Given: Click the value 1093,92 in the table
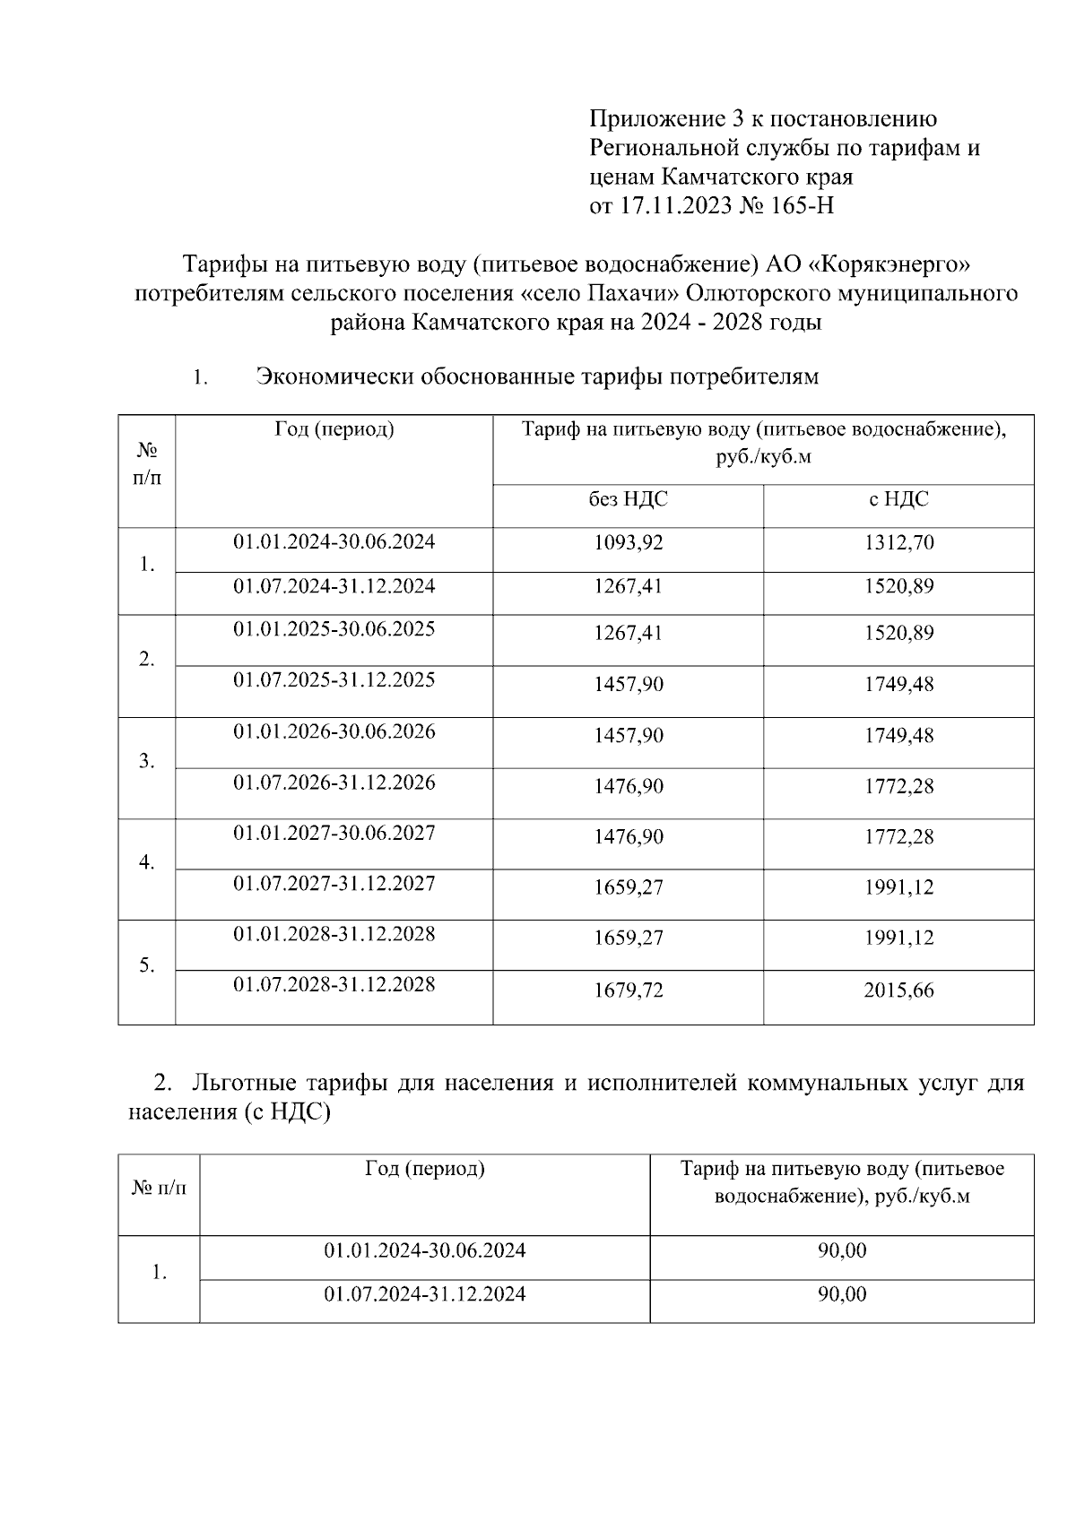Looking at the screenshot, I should (628, 542).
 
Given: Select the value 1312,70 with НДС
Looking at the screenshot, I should (898, 542).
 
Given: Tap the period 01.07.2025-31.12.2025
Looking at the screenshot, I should (334, 679).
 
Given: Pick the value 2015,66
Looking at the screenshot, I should (898, 990).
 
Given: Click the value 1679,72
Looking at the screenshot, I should (628, 990).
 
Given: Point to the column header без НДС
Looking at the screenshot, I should (628, 499).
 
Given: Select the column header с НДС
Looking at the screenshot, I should (898, 499).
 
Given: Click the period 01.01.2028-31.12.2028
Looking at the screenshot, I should (334, 934).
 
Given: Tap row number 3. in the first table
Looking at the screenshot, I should (147, 762).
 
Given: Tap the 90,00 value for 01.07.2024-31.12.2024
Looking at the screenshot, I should (841, 1294).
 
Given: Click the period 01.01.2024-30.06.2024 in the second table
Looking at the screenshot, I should (424, 1250).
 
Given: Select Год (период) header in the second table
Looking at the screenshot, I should (424, 1169).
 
